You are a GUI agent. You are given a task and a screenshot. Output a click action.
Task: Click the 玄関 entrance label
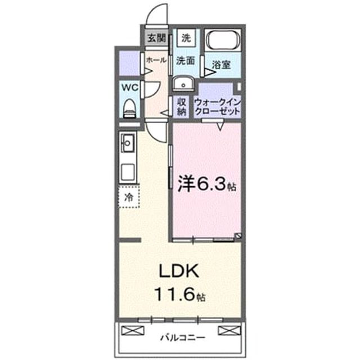(x=156, y=38)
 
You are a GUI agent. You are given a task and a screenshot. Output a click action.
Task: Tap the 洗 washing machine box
(x=186, y=38)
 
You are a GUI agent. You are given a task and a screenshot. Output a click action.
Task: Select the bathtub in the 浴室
(x=223, y=40)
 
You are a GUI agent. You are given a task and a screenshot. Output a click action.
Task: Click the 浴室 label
(x=221, y=65)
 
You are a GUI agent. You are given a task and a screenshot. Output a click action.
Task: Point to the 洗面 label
(x=186, y=61)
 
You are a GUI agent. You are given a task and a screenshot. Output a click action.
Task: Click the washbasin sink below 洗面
(x=183, y=84)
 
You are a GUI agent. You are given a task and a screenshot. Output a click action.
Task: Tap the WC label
(x=130, y=88)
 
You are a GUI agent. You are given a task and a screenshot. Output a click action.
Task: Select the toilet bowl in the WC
(x=129, y=109)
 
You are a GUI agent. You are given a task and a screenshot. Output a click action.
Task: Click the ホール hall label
(x=156, y=60)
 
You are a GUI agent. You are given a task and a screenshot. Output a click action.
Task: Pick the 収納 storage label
(x=181, y=107)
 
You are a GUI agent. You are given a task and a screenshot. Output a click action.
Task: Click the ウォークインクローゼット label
(x=218, y=107)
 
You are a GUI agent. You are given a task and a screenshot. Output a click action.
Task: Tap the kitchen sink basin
(x=127, y=143)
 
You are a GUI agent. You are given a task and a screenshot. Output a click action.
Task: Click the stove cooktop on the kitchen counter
(x=128, y=172)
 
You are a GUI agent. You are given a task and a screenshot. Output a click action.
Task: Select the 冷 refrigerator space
(x=129, y=197)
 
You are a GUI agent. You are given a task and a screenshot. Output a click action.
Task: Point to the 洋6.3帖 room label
(x=207, y=184)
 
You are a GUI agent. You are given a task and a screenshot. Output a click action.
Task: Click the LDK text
(x=179, y=271)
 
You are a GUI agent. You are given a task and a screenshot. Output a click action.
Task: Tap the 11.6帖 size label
(x=180, y=295)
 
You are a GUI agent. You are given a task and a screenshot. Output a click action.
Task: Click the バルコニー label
(x=182, y=337)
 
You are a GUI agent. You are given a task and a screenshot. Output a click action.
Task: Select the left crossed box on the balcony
(x=133, y=331)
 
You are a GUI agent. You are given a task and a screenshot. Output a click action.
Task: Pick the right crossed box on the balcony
(x=229, y=331)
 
